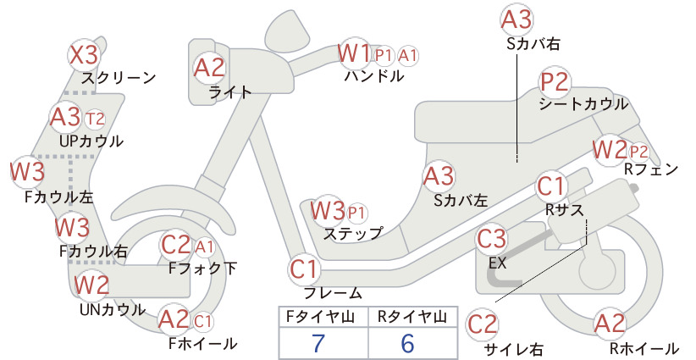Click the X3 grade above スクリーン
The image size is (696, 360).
point(85,56)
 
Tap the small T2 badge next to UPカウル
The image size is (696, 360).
point(95,119)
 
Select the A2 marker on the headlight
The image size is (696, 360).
point(209,68)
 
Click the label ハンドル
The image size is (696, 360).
point(374,76)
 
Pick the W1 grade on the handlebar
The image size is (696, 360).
point(354,53)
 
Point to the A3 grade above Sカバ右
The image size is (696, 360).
point(516,20)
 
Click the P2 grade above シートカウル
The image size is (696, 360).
point(555,82)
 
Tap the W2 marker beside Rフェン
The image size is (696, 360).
point(610,150)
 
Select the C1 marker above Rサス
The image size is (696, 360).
point(550,186)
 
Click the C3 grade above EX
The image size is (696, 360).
point(491,239)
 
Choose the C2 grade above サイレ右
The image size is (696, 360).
point(483,324)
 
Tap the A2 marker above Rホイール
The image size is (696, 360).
point(610,324)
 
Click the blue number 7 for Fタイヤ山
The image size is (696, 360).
point(318,343)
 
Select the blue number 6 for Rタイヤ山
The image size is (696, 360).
point(407,343)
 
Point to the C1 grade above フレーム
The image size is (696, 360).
point(305,269)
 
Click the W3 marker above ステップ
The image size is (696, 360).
point(328,210)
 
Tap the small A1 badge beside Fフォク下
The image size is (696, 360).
point(205,247)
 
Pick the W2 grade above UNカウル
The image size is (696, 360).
point(91,285)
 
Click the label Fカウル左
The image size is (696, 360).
point(59,197)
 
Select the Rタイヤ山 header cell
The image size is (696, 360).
point(413,317)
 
